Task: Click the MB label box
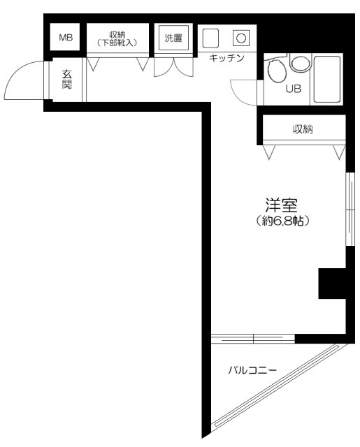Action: click(65, 38)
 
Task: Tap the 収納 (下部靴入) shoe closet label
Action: click(117, 38)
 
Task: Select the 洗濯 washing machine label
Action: click(173, 38)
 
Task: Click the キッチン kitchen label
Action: click(226, 59)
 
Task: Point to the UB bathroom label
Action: click(293, 89)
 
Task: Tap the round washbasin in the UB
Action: click(300, 64)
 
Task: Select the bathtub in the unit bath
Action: click(329, 79)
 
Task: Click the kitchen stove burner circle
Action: click(240, 37)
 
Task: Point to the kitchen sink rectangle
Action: click(210, 37)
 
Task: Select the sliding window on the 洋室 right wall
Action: click(348, 209)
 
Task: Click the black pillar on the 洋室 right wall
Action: click(333, 284)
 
